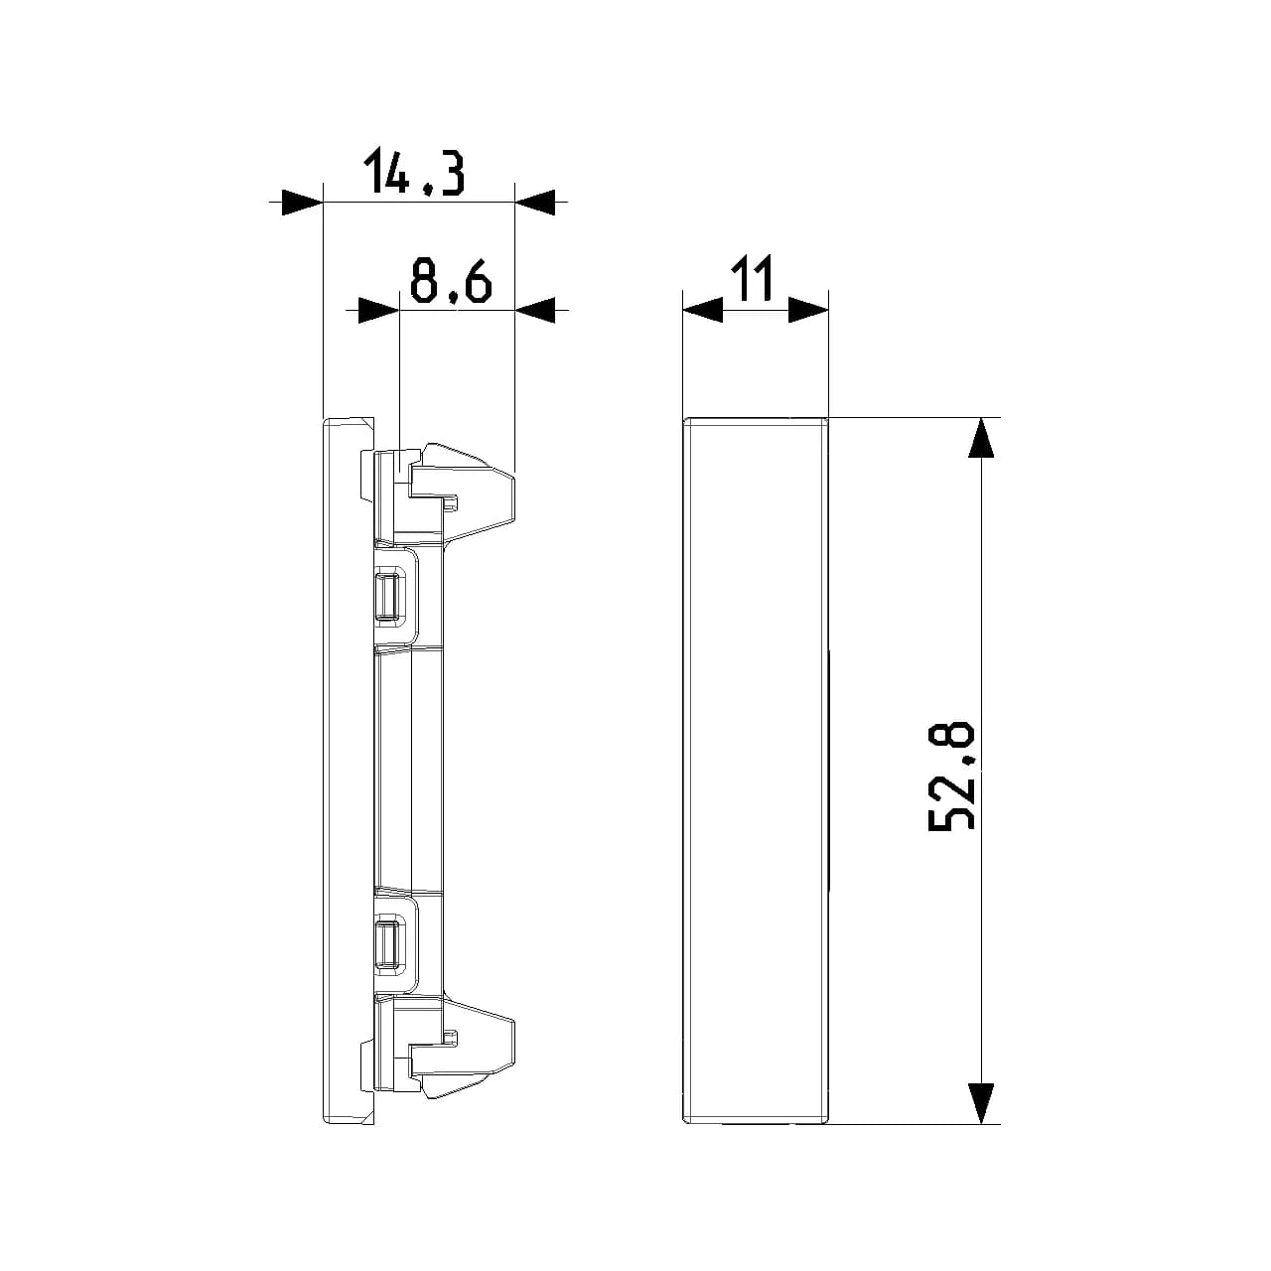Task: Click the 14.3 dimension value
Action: [x=414, y=172]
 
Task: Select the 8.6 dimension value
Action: [x=451, y=281]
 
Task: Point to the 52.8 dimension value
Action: [x=952, y=775]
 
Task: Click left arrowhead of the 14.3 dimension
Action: [x=302, y=203]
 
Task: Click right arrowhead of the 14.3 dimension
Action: [x=535, y=203]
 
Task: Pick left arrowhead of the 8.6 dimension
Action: [x=378, y=310]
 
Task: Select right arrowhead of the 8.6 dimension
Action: [x=535, y=310]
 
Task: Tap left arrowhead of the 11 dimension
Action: [x=703, y=310]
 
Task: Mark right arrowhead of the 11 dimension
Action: [x=808, y=310]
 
